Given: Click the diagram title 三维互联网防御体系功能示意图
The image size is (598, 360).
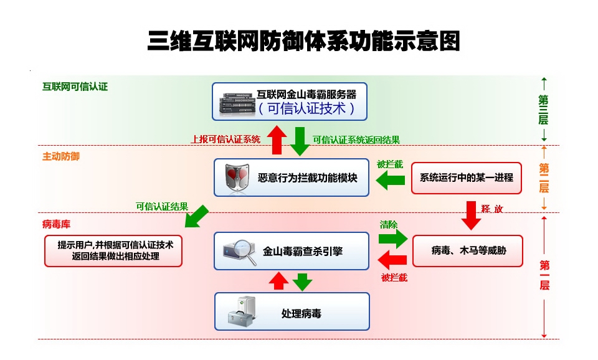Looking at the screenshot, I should pyautogui.click(x=303, y=41).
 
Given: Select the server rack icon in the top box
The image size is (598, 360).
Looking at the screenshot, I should pyautogui.click(x=236, y=102).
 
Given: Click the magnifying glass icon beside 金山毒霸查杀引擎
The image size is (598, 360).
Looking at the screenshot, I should pyautogui.click(x=239, y=252).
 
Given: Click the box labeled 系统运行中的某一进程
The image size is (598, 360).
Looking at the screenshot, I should pyautogui.click(x=467, y=178).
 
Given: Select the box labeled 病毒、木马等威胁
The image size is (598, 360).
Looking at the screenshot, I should pyautogui.click(x=468, y=251).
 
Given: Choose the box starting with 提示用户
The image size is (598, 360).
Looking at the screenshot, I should pyautogui.click(x=113, y=251).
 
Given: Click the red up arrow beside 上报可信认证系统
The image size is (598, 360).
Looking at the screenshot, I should pyautogui.click(x=278, y=141).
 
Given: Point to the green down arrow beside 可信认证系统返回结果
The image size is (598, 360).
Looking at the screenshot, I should pyautogui.click(x=300, y=141).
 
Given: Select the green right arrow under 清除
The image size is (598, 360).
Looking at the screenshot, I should pyautogui.click(x=393, y=237).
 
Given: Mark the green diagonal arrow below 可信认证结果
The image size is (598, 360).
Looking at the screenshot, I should pyautogui.click(x=196, y=216).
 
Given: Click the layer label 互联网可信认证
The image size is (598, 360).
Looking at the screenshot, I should pyautogui.click(x=75, y=87).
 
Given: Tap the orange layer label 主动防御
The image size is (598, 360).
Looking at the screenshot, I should pyautogui.click(x=60, y=156).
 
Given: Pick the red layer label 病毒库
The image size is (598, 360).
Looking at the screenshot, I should pyautogui.click(x=55, y=223).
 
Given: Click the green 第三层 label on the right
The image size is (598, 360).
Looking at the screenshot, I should pyautogui.click(x=543, y=109).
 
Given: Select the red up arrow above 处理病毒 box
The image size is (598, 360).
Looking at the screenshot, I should pyautogui.click(x=278, y=281).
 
